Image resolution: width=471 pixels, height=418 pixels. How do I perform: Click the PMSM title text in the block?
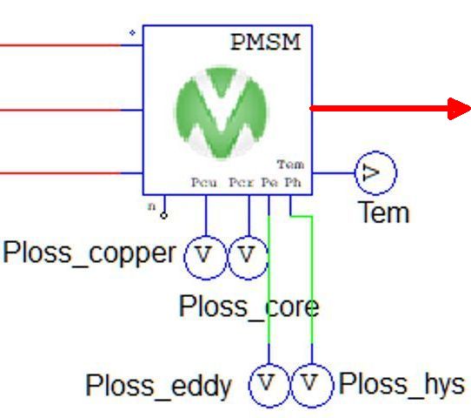pyautogui.click(x=266, y=42)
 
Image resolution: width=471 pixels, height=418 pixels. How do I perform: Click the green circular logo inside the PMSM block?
pyautogui.click(x=222, y=112)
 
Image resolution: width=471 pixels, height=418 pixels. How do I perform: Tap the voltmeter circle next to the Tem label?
pyautogui.click(x=375, y=172)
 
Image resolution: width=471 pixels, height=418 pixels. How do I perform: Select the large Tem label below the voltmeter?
pyautogui.click(x=383, y=212)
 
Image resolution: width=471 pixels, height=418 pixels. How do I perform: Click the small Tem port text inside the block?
pyautogui.click(x=290, y=165)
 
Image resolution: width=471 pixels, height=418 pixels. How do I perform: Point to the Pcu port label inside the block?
pyautogui.click(x=204, y=182)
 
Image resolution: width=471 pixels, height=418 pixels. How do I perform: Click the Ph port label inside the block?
pyautogui.click(x=293, y=182)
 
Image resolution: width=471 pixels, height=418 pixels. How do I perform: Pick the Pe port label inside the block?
pyautogui.click(x=269, y=182)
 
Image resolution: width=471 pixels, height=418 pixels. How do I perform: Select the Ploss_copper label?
pyautogui.click(x=90, y=254)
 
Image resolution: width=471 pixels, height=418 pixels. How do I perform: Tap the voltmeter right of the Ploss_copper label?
pyautogui.click(x=205, y=258)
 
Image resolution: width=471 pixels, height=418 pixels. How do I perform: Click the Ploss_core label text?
pyautogui.click(x=249, y=307)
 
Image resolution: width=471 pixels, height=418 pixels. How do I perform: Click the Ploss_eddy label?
pyautogui.click(x=159, y=386)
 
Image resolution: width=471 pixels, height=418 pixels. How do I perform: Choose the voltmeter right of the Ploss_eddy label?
pyautogui.click(x=269, y=386)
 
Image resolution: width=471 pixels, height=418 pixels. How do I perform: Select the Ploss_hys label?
pyautogui.click(x=401, y=385)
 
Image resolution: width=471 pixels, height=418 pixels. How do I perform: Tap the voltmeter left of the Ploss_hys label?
pyautogui.click(x=312, y=386)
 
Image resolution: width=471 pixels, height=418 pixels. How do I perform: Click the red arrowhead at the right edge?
pyautogui.click(x=459, y=109)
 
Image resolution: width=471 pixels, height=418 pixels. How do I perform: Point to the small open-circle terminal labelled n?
pyautogui.click(x=163, y=215)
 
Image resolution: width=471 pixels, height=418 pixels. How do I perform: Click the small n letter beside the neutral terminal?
pyautogui.click(x=152, y=206)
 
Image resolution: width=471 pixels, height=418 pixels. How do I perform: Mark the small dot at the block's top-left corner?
pyautogui.click(x=132, y=33)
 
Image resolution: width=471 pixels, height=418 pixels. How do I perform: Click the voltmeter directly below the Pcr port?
pyautogui.click(x=249, y=258)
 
